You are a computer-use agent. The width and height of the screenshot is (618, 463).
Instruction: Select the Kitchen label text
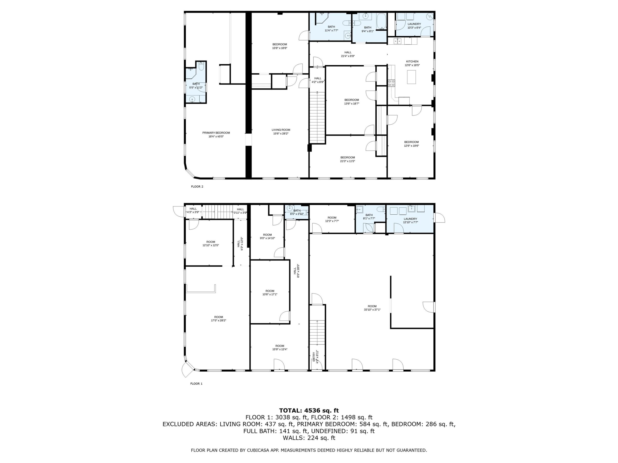[412, 61]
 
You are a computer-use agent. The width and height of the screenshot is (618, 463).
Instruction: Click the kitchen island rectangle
[411, 77]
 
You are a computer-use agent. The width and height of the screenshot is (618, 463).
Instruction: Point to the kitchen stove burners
[391, 83]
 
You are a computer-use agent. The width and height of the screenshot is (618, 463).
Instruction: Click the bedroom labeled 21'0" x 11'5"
[348, 159]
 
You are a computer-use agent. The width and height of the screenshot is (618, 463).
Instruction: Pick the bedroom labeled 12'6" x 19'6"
[411, 144]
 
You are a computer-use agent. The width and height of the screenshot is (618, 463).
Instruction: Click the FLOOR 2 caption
[197, 186]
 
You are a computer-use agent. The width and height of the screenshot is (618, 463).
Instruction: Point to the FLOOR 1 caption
[197, 383]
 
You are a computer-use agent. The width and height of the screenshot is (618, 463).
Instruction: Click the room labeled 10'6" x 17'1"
[270, 293]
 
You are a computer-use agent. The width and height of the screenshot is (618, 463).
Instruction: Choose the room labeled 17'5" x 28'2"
[218, 319]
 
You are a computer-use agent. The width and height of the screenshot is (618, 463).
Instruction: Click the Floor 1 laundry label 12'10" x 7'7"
[410, 220]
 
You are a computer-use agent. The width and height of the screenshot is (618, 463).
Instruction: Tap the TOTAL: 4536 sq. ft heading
[309, 410]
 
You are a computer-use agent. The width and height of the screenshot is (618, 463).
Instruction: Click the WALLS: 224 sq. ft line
[309, 438]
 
